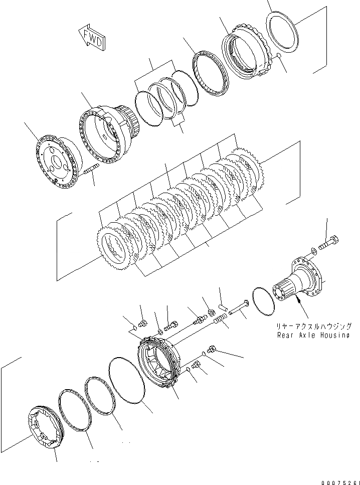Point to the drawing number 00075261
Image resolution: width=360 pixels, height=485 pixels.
[335, 477]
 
